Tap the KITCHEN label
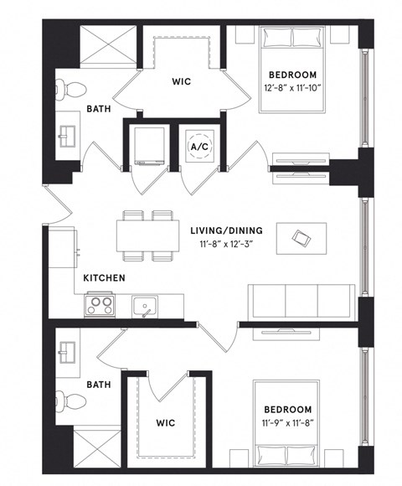pyautogui.click(x=104, y=277)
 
